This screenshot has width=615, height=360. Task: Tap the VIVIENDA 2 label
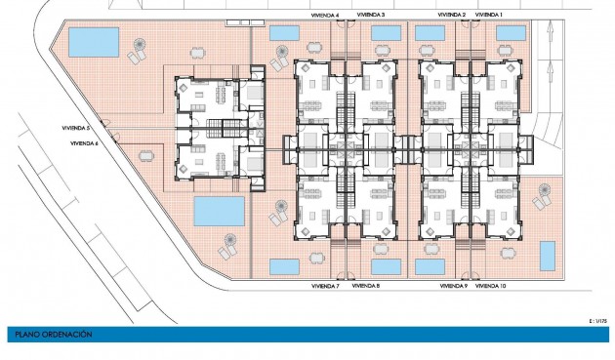coord(451,15)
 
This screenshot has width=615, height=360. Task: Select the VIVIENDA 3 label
coord(370,15)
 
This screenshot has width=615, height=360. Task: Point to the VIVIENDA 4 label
coord(325,15)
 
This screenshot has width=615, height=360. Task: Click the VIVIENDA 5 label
coord(74,128)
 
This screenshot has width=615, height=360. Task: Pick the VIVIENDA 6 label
coord(84,144)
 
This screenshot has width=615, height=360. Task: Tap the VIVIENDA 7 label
coord(324,286)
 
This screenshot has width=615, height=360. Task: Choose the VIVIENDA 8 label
coord(365,286)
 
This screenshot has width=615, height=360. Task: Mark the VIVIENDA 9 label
coord(452,286)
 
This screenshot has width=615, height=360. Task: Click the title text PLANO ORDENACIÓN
coord(53,335)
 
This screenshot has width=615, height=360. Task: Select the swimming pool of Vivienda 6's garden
coord(220,210)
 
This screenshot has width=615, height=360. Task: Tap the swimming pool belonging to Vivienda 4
coord(284,33)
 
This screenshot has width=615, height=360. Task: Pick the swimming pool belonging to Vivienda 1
coord(511,33)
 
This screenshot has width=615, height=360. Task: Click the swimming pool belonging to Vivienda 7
coord(284,265)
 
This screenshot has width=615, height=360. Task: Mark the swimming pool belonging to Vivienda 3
coord(387,33)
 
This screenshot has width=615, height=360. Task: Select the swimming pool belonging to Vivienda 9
coord(430,266)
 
